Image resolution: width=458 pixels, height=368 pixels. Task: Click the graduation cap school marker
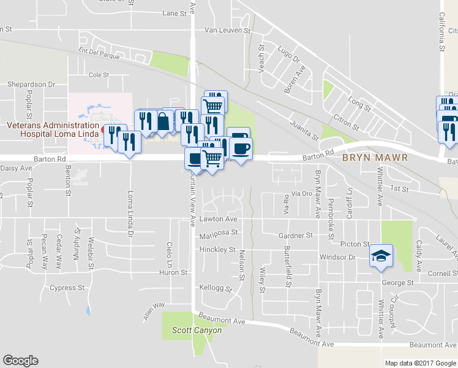point(381,256)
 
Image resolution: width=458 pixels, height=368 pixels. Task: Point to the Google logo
point(20,361)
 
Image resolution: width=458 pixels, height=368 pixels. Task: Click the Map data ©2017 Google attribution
point(421,363)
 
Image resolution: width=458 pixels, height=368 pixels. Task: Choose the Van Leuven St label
point(228,29)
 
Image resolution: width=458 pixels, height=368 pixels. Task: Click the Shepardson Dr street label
point(31,84)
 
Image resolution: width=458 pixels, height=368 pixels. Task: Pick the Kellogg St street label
point(216,288)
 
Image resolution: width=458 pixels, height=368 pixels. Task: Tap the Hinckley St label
point(217,250)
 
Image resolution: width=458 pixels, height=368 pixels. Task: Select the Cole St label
point(99,75)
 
